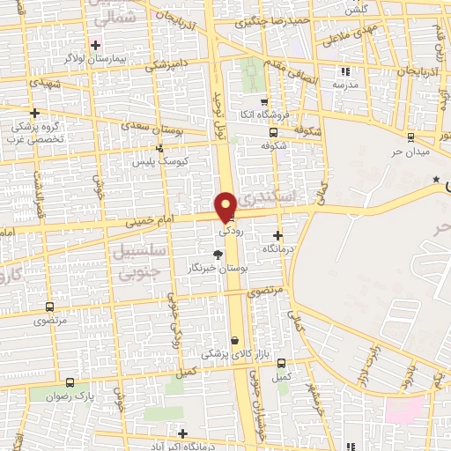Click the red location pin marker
pyautogui.click(x=226, y=206)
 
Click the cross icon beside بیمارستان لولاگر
pyautogui.click(x=96, y=44)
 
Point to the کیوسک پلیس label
pyautogui.click(x=156, y=162)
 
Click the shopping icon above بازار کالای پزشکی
pyautogui.click(x=234, y=340)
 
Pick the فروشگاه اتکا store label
pyautogui.click(x=262, y=115)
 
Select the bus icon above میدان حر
pyautogui.click(x=410, y=136)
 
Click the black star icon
pyautogui.click(x=436, y=179)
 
